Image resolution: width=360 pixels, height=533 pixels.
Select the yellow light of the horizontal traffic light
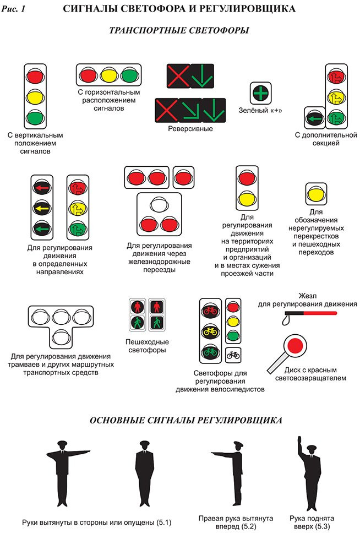[108, 74]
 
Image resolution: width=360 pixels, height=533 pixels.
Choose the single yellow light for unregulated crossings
[316, 194]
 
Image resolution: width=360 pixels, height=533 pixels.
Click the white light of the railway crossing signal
[159, 205]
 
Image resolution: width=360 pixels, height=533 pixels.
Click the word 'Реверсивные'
[190, 128]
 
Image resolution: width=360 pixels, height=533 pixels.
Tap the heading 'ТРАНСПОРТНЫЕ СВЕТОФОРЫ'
[179, 31]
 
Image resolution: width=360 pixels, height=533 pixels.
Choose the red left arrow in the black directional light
[42, 188]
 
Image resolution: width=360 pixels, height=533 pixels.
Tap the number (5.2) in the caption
[263, 527]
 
